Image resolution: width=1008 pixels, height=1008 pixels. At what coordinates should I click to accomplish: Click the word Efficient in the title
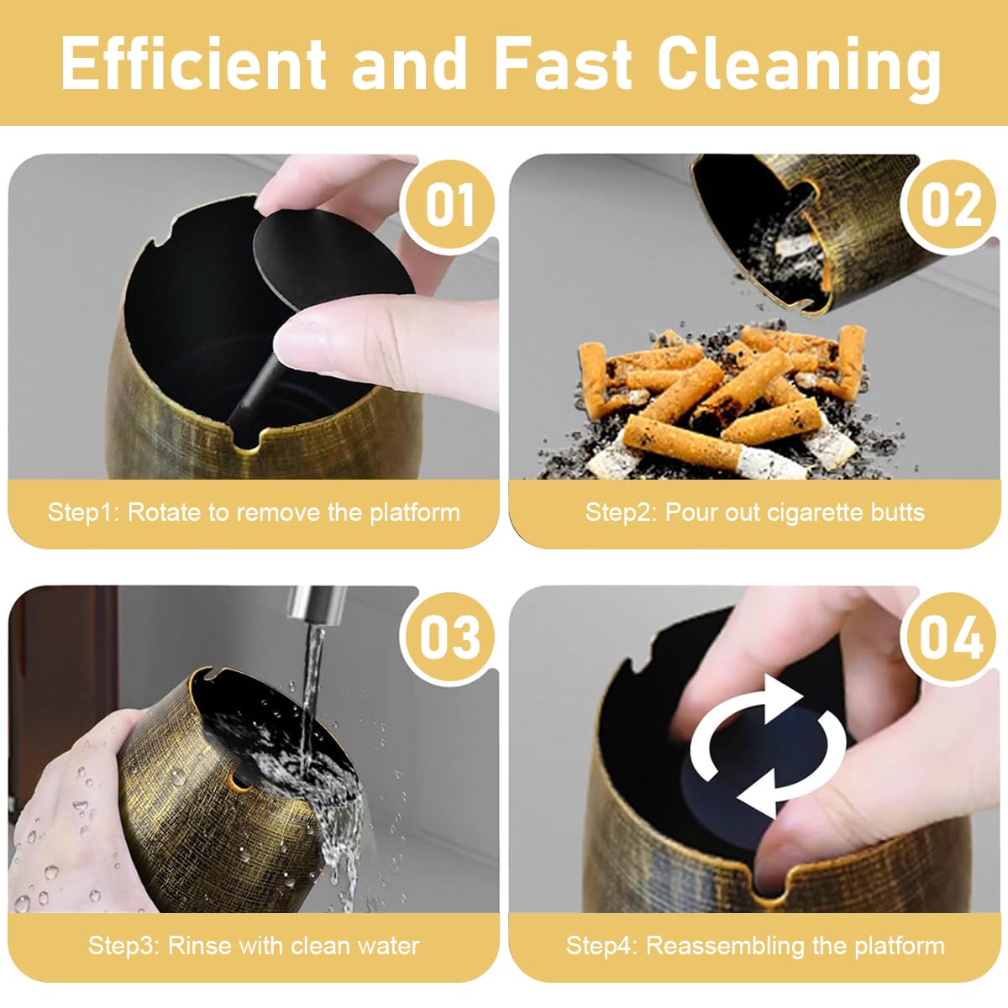(x=192, y=64)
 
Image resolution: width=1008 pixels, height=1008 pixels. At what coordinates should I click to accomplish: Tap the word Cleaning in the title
(x=798, y=66)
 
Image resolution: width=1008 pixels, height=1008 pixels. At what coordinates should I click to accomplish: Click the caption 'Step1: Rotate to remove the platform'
(x=254, y=512)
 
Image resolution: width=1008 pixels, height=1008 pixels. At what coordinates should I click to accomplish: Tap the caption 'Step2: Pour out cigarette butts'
(x=754, y=512)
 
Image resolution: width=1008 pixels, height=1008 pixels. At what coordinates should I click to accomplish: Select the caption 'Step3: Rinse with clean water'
(x=254, y=946)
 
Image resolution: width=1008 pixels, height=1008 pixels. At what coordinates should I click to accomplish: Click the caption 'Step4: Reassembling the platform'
(x=754, y=946)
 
